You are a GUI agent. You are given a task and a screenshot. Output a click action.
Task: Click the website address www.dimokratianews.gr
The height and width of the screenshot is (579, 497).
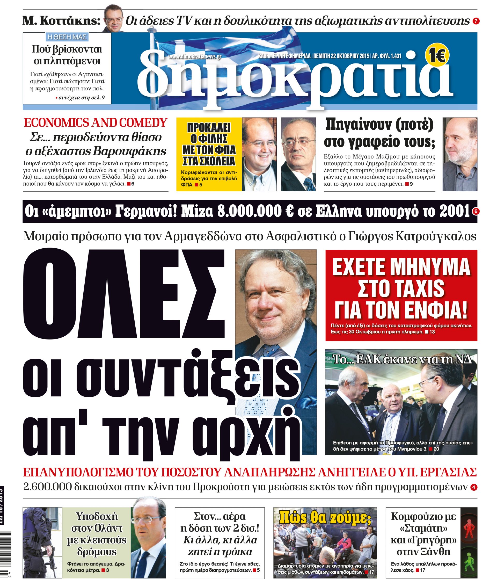click(195, 57)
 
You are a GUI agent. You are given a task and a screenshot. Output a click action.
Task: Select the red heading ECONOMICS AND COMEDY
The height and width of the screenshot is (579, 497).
click(96, 123)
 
